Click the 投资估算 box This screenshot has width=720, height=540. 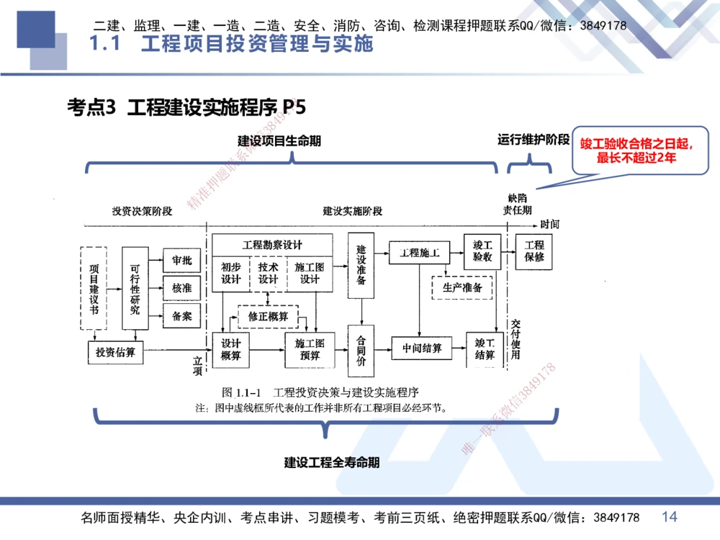[115, 352]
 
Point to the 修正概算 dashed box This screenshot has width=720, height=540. [268, 316]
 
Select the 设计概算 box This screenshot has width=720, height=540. [230, 349]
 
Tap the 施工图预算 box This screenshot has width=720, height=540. [310, 349]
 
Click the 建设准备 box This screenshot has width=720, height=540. [361, 265]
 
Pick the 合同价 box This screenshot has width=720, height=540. [361, 350]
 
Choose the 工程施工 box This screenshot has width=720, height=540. [419, 253]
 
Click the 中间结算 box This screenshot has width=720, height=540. [422, 348]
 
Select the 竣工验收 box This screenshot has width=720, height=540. [482, 251]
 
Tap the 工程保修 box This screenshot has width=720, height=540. [534, 251]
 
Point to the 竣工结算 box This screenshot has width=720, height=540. [485, 349]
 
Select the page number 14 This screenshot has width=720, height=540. [669, 516]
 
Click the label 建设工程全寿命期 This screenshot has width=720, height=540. [331, 463]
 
